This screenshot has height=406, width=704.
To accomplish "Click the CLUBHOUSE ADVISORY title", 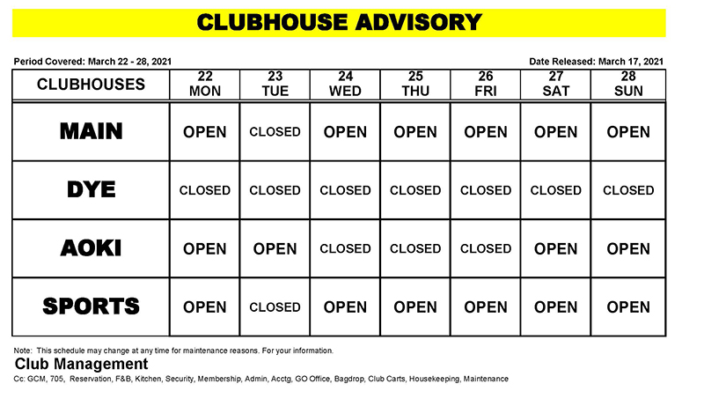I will point(339,22).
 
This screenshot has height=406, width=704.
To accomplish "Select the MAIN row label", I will point(91,131).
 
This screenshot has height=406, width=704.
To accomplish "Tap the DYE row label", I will point(91,189).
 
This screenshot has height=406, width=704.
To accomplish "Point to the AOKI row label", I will point(91,248).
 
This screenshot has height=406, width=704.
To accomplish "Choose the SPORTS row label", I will point(91,306).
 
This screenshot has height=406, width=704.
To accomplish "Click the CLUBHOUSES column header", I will point(91,85).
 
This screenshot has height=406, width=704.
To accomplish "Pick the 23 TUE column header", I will point(275,85).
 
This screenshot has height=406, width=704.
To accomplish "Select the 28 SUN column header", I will point(628,85).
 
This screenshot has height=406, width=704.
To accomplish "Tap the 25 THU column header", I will point(415,85).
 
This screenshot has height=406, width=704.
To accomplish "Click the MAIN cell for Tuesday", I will point(275,132).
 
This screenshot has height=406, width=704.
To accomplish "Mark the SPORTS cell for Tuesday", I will point(275,307).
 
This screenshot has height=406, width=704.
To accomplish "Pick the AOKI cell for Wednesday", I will point(345,248).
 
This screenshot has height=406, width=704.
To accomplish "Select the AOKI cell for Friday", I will point(486,248).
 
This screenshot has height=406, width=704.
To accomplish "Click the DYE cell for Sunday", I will point(628,190).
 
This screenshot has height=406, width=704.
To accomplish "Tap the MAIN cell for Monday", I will point(205,132).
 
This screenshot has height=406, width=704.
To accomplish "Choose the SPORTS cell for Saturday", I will point(556,307).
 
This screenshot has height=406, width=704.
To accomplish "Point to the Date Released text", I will point(597,62).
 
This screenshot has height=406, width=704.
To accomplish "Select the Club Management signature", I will point(81,364).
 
